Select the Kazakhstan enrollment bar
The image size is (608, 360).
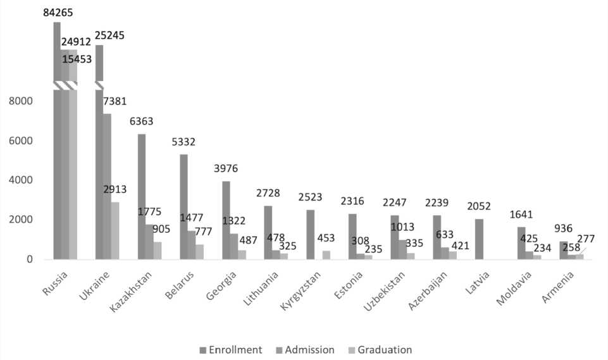[142, 196]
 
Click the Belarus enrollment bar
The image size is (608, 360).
[183, 206]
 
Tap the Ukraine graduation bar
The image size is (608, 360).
[115, 230]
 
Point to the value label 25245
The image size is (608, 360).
[109, 35]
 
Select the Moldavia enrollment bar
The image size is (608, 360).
[521, 243]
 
